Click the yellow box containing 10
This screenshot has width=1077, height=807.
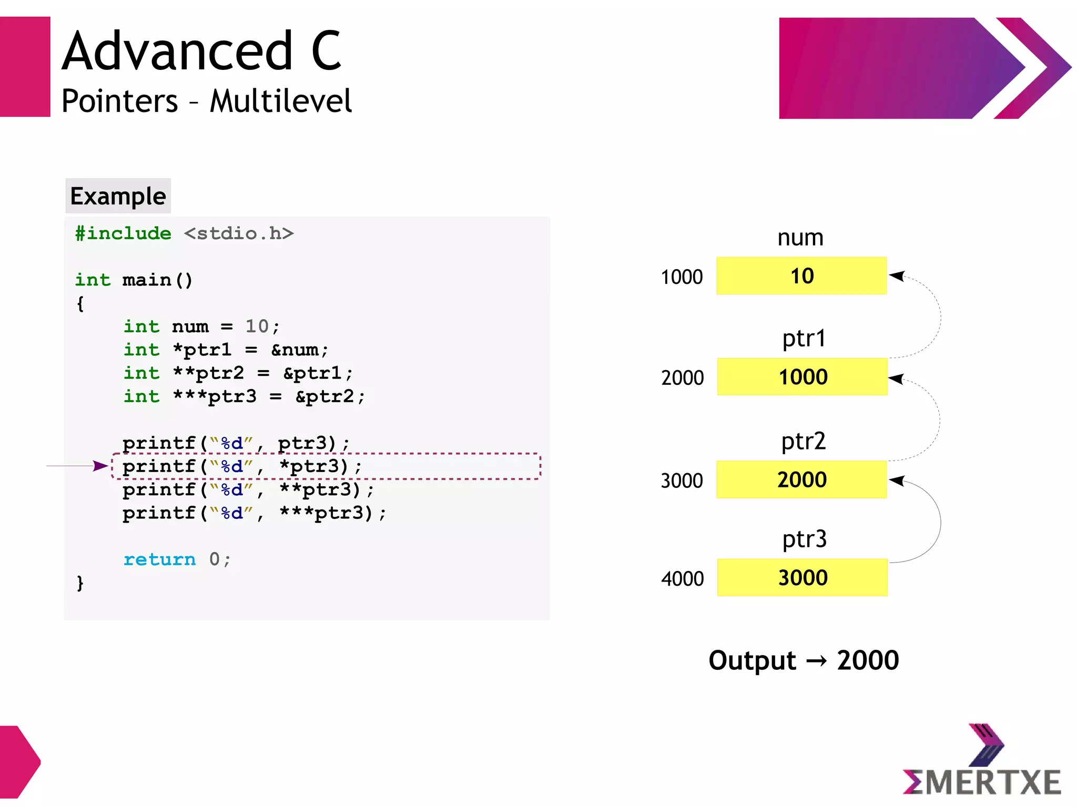[801, 276]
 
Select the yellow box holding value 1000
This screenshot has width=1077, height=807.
[802, 377]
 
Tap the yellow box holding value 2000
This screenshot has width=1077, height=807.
[801, 479]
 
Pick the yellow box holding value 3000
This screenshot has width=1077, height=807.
[802, 578]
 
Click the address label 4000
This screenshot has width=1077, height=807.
[682, 579]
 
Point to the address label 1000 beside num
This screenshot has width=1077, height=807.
[682, 277]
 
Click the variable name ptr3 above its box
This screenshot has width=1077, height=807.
[804, 539]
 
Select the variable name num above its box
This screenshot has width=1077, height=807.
[800, 238]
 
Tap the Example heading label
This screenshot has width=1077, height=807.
[118, 196]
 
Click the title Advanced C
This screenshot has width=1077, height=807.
[202, 51]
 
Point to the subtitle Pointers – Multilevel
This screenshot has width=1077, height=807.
[206, 101]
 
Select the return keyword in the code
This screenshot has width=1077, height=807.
[159, 559]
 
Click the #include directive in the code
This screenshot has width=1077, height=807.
[123, 233]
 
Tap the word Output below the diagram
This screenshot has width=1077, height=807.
[752, 660]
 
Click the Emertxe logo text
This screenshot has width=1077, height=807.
[981, 782]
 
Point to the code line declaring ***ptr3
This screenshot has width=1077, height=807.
[244, 396]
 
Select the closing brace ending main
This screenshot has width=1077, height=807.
[80, 583]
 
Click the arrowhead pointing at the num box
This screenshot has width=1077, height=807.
[896, 275]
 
